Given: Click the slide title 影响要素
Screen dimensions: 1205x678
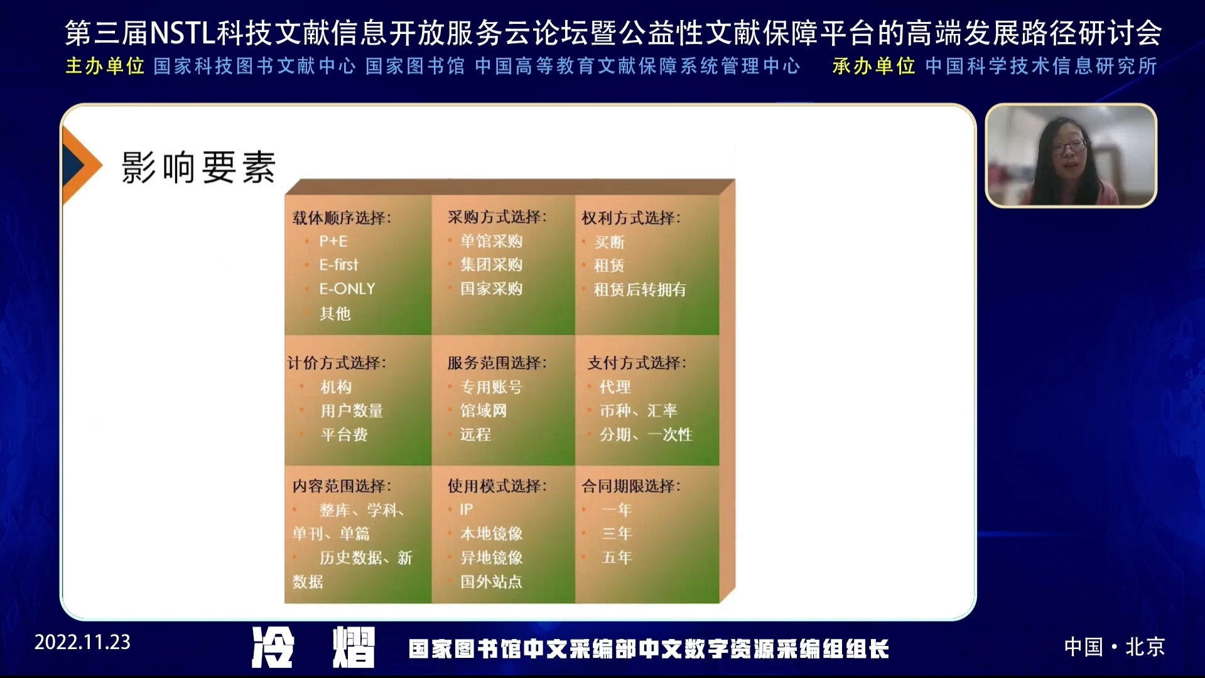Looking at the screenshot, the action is pos(198,168).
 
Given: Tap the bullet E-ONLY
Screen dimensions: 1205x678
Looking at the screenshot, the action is pos(347,289).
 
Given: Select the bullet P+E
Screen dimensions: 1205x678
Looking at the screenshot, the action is pos(333,241).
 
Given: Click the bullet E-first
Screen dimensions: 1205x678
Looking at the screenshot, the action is pos(338,265).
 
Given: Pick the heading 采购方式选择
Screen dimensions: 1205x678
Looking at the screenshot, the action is pos(497,217).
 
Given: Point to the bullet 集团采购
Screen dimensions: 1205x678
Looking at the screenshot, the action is pos(491,265).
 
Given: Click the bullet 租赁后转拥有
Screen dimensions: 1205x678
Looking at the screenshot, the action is pos(640,289).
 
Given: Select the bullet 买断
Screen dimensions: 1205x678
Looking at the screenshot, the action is pos(609,242).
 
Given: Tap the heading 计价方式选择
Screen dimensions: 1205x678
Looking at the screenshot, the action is pos(337,363).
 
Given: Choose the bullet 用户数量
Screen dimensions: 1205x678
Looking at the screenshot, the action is pos(352,411).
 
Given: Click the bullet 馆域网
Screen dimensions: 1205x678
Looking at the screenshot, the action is pos(483,411).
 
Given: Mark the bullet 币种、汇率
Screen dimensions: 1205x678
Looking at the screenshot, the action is pos(638,411).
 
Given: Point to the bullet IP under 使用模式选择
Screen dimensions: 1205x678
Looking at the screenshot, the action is pos(466,509).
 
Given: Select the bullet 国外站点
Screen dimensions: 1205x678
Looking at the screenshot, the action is pos(491,582).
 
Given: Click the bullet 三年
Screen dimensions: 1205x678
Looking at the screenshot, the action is pos(617,534).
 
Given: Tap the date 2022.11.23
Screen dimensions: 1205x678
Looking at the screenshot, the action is pos(82,642).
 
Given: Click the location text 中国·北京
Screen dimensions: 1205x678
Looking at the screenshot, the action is pos(1115,647).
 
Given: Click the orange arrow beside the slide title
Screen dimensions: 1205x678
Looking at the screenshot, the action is pos(81,165).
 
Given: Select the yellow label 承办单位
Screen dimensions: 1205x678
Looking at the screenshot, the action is pos(873,66).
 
